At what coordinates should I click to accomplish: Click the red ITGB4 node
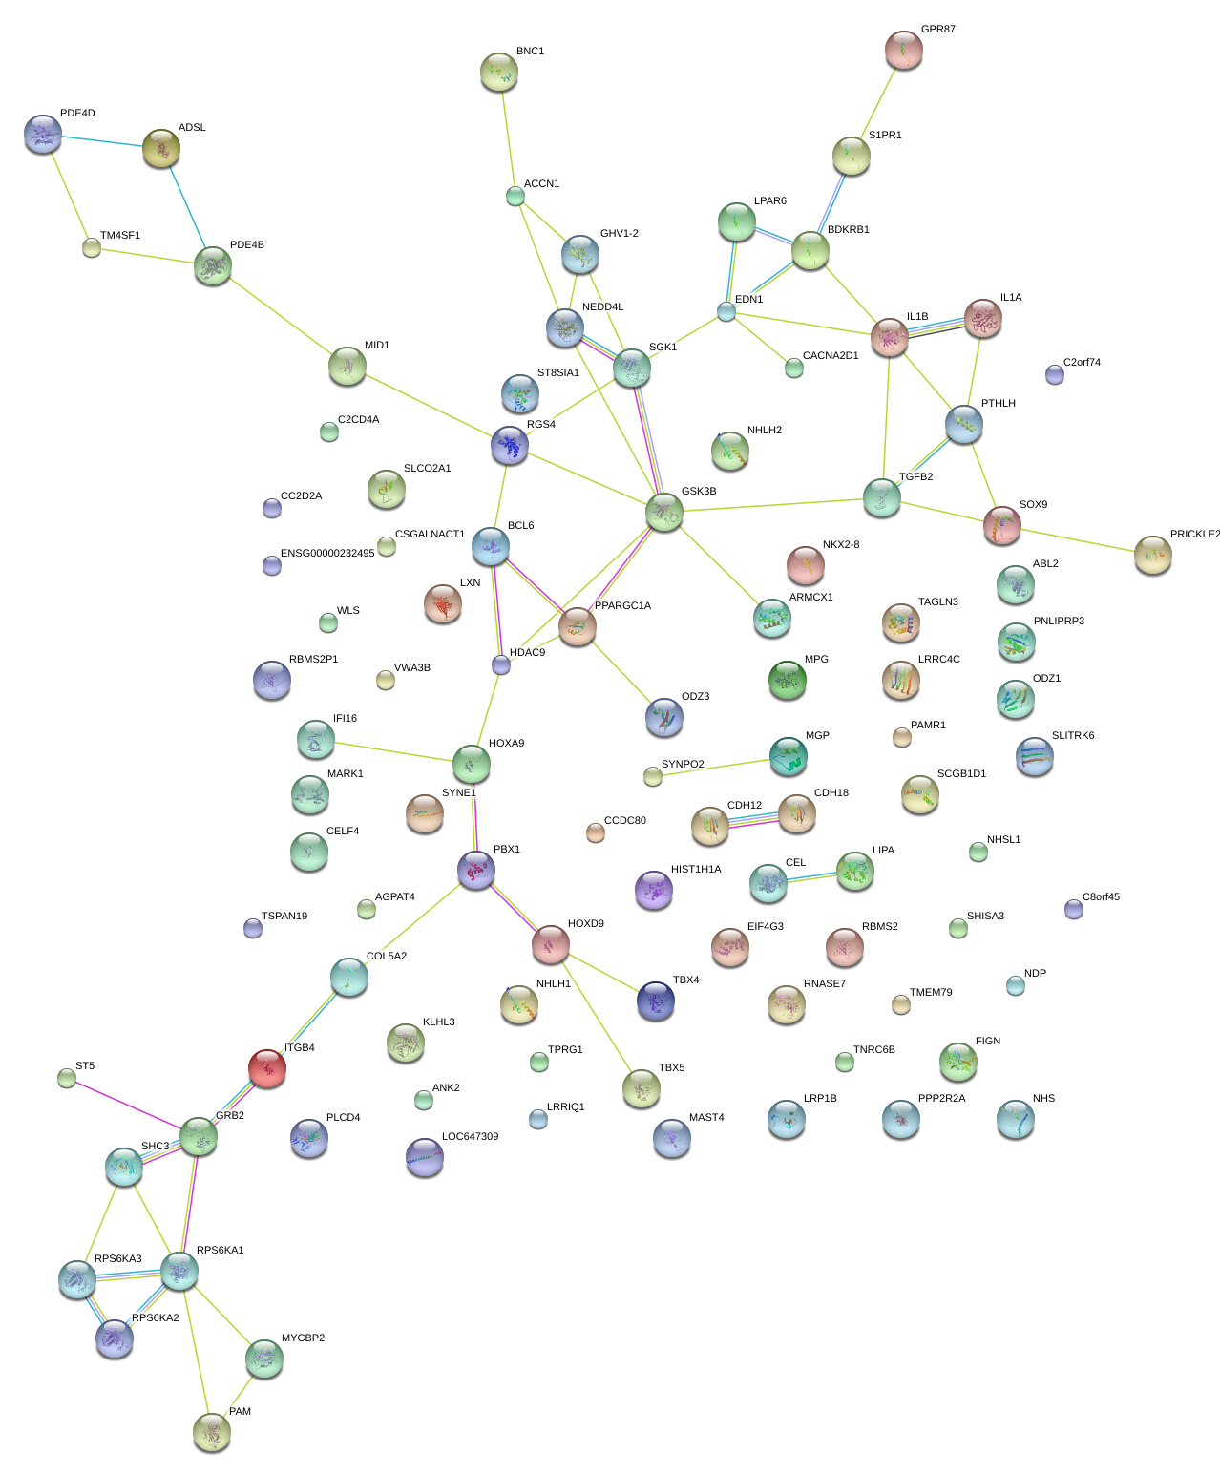tap(267, 1068)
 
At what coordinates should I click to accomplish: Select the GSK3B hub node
tap(664, 512)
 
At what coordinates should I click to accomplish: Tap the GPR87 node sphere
tap(903, 50)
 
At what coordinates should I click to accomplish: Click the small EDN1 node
tap(726, 311)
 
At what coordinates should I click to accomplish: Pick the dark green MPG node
tap(787, 680)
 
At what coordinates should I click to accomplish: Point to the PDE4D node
tap(42, 134)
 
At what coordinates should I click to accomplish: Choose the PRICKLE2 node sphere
tap(1153, 555)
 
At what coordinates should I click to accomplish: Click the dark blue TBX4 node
tap(656, 1001)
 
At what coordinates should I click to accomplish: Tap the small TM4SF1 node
tap(91, 247)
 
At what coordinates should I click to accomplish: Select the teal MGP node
tap(788, 756)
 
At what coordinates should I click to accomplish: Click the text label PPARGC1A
tap(622, 605)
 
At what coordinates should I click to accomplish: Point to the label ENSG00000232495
tap(327, 553)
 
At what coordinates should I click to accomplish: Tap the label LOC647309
tap(470, 1137)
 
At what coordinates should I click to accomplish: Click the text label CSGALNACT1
tap(430, 534)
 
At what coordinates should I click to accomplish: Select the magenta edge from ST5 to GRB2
tap(128, 1105)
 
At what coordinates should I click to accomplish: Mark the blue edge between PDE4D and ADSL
tap(102, 140)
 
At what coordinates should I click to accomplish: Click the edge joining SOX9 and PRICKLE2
tap(1078, 539)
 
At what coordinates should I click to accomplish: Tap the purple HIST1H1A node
tap(654, 890)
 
